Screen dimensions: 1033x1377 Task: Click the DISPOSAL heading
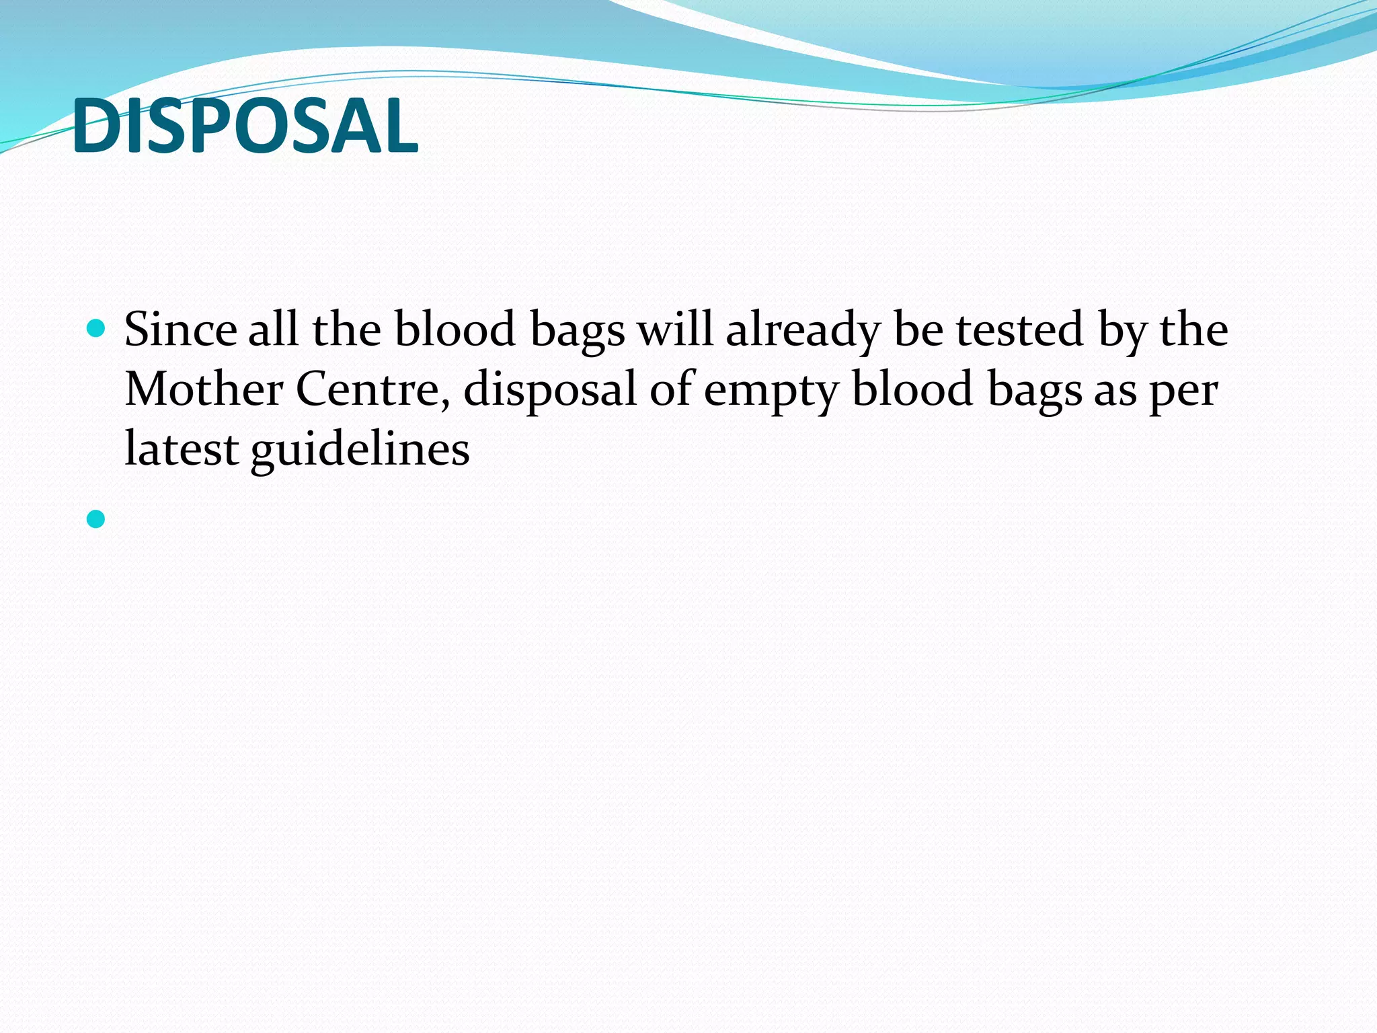tap(245, 126)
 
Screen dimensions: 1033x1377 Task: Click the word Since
tap(180, 330)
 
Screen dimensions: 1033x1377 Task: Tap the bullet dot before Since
tap(96, 329)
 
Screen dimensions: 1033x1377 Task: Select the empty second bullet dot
tap(96, 519)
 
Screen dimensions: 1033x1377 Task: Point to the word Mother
tap(204, 389)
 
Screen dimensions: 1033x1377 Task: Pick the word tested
tap(1020, 330)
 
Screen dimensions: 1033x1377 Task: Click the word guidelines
tap(360, 449)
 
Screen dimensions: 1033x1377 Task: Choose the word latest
tap(182, 449)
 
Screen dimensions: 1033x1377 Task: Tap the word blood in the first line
tap(455, 330)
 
